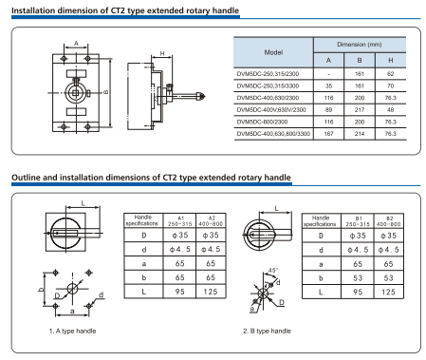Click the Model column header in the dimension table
pos(273,52)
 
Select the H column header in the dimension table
pos(391,60)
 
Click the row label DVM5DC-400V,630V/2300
pos(271,110)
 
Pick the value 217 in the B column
pos(360,110)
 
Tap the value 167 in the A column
pos(328,134)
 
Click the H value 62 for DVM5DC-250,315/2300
pos(390,74)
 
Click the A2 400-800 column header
pos(211,221)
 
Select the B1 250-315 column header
pos(358,221)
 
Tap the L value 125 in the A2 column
pos(211,292)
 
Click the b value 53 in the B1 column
pos(358,278)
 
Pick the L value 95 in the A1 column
pos(179,292)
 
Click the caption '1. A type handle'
pos(72,331)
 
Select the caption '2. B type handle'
pos(267,331)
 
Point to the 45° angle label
pos(273,271)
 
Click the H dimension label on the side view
pos(162,53)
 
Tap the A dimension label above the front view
pos(76,43)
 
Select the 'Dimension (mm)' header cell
pos(360,45)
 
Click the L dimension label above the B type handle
pos(276,208)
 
